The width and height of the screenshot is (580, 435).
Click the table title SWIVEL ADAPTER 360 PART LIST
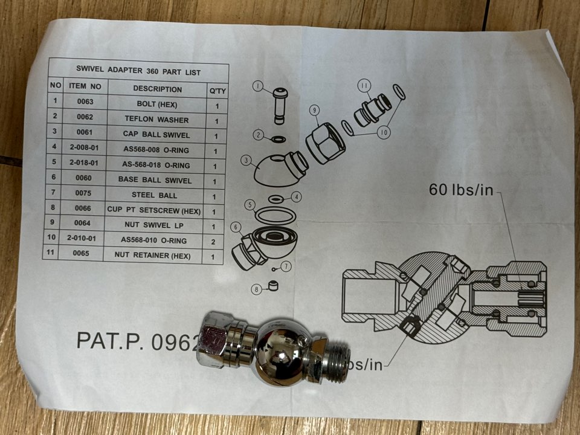tap(138, 71)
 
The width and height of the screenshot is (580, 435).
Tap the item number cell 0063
tap(85, 103)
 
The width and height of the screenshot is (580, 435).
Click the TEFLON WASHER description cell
tap(156, 120)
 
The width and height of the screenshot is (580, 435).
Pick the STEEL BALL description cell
tap(155, 195)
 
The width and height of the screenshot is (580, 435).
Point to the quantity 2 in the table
tap(213, 241)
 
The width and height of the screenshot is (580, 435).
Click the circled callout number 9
tap(314, 110)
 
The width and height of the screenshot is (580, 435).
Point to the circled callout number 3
tap(245, 161)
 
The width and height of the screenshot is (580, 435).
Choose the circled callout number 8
tap(257, 289)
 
